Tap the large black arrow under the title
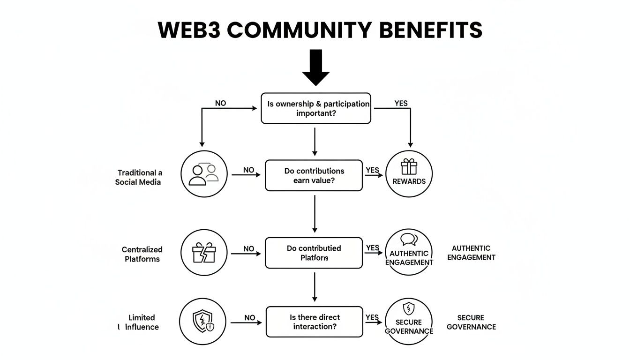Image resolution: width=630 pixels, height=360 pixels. [315, 67]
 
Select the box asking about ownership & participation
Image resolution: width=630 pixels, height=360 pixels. [315, 108]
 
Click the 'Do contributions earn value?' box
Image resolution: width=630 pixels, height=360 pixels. [314, 175]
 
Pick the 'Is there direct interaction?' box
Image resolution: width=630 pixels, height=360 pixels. [314, 322]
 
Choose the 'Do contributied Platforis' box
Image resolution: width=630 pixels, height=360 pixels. [314, 253]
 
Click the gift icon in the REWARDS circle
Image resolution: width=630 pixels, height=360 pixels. [409, 167]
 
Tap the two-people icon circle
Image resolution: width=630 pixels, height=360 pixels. [203, 174]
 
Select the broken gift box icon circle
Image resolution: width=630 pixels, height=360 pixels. [203, 253]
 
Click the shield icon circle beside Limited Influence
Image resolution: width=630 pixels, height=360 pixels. [203, 322]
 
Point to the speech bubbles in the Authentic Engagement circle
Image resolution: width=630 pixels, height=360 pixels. [409, 240]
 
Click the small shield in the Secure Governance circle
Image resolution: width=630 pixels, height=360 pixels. [409, 308]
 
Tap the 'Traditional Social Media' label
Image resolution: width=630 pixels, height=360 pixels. [139, 177]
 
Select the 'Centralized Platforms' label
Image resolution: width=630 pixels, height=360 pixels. [142, 254]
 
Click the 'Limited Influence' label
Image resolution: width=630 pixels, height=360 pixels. [141, 322]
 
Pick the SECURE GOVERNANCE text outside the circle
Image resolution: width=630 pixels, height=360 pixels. [471, 322]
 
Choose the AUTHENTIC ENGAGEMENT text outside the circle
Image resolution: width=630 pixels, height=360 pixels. [471, 253]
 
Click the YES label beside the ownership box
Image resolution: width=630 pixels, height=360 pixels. [401, 103]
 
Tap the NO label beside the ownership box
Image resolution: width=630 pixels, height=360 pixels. [220, 103]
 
